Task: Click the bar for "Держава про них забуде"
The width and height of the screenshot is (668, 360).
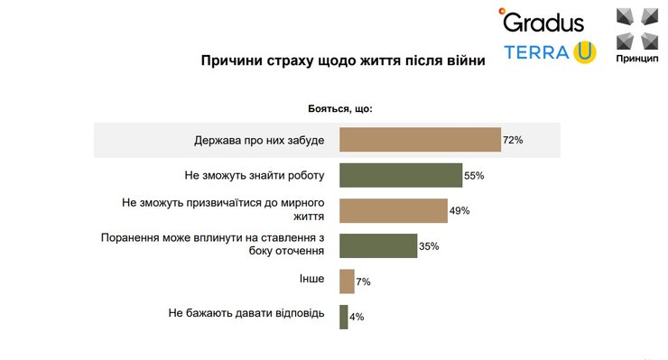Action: point(420,140)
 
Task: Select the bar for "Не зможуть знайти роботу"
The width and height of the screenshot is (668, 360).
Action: point(400,175)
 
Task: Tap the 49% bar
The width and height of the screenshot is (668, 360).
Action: point(393,210)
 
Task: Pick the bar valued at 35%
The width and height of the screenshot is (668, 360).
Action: point(378,245)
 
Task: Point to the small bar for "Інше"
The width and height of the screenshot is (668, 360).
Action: point(347,282)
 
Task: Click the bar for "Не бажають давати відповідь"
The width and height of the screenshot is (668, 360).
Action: point(344,317)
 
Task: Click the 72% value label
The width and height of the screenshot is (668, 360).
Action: point(513,140)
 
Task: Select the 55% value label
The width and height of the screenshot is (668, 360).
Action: point(474,176)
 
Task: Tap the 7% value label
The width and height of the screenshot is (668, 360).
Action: point(363,282)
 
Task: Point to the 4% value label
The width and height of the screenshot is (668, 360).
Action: point(357,318)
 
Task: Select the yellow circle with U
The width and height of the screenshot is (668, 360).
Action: point(584,52)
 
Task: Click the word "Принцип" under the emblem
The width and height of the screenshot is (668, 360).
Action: point(639,58)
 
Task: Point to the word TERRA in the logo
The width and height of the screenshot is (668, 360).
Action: point(536,52)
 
